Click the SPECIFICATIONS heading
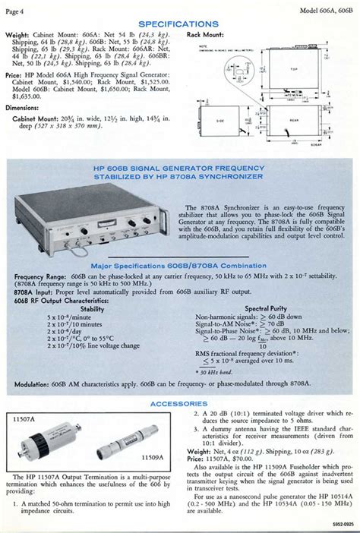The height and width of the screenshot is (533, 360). coord(179,24)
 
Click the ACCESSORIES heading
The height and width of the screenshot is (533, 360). coord(179,403)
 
